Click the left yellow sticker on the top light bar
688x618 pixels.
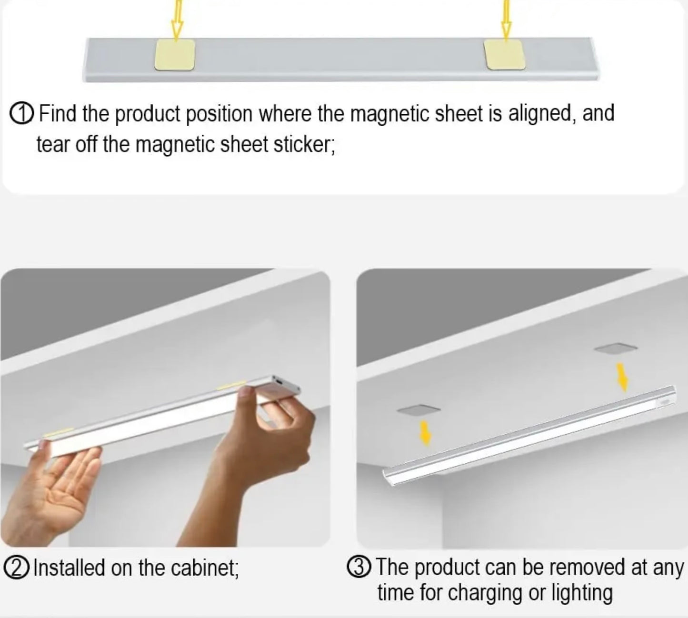coord(175,55)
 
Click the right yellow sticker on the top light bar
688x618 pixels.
coord(505,55)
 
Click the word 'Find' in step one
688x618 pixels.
coord(57,113)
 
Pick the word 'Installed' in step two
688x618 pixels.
coord(69,568)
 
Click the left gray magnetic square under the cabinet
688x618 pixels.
coord(419,409)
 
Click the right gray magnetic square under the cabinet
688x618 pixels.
coord(616,349)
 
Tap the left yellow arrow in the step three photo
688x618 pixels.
coord(426,433)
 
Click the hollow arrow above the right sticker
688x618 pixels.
coord(506,19)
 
